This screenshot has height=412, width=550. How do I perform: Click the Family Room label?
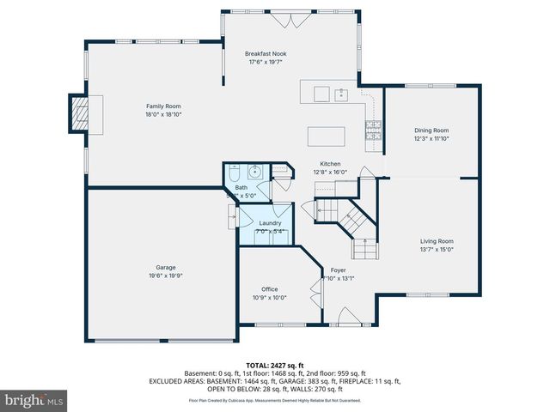click(x=163, y=106)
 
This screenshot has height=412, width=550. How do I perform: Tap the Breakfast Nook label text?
click(x=267, y=53)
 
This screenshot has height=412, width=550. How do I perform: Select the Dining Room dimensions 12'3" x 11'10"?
click(x=431, y=138)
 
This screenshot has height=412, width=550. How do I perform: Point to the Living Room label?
click(x=437, y=241)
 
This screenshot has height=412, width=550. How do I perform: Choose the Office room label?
click(x=269, y=289)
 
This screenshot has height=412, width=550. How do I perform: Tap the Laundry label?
click(x=270, y=223)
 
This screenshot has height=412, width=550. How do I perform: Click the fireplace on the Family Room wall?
click(x=81, y=112)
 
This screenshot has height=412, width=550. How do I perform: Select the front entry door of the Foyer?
click(x=349, y=320)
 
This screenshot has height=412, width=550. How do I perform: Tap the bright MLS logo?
click(x=34, y=400)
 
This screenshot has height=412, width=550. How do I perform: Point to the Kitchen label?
click(x=331, y=163)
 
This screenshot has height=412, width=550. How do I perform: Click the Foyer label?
click(x=338, y=270)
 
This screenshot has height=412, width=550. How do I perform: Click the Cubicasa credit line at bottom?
click(x=275, y=400)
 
